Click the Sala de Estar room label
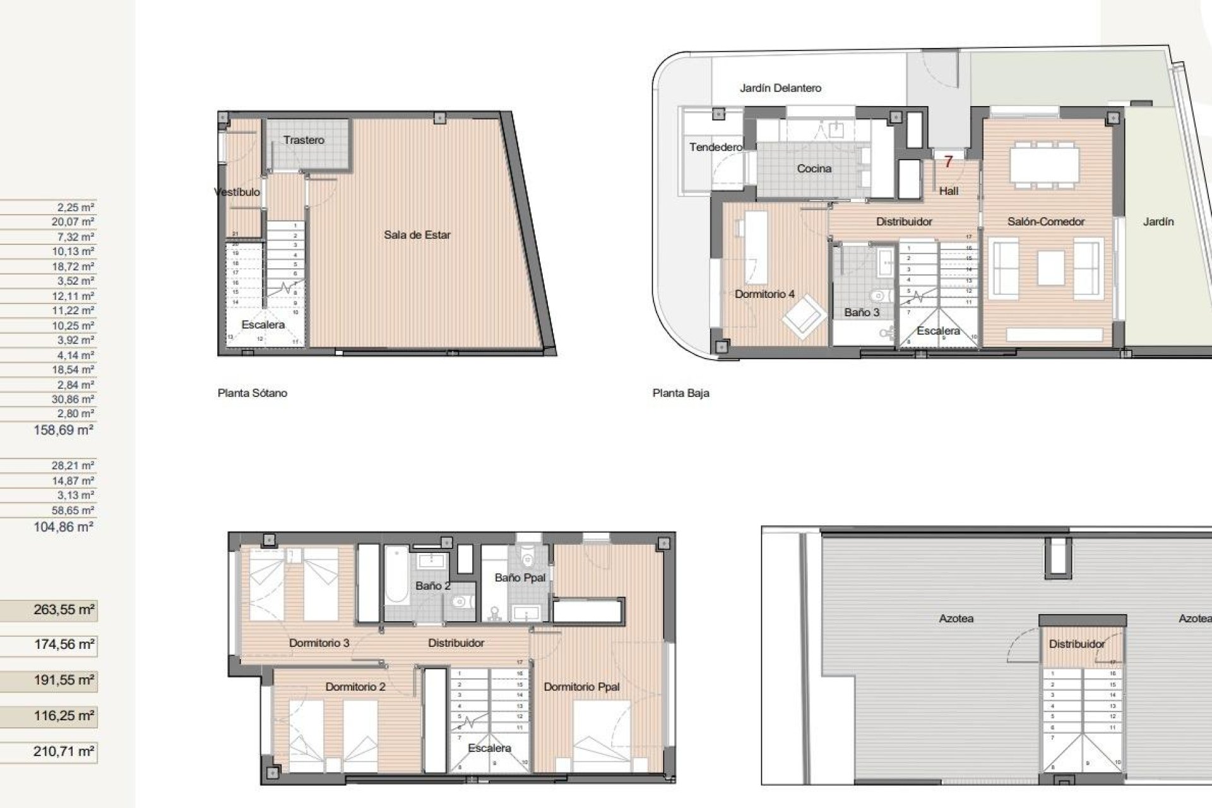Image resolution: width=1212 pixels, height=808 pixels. click(x=417, y=235)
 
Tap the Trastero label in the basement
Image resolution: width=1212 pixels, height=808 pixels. click(x=304, y=140)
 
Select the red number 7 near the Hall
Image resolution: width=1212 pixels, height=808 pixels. click(x=948, y=162)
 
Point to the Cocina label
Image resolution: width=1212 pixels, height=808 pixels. click(x=814, y=169)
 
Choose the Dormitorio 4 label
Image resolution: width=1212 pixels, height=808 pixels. click(x=764, y=294)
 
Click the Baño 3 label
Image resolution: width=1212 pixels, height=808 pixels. click(x=862, y=312)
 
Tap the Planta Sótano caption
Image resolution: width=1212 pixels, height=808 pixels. click(x=252, y=393)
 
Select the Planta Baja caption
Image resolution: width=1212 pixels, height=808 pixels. click(x=680, y=393)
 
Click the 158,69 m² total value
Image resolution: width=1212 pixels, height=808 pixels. click(x=64, y=430)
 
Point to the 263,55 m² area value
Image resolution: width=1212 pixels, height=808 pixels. click(x=64, y=610)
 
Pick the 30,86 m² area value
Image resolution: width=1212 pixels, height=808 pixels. click(x=73, y=399)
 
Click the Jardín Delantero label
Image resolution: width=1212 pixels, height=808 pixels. click(x=780, y=88)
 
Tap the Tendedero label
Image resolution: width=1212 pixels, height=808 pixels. click(x=715, y=147)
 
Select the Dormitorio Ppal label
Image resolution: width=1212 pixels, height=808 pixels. click(x=581, y=687)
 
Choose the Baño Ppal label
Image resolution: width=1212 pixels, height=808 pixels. click(x=520, y=578)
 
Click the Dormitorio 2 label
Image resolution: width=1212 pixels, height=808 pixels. click(x=355, y=687)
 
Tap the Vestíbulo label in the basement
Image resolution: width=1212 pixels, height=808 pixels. click(x=237, y=192)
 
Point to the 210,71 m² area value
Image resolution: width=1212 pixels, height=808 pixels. click(x=64, y=751)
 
